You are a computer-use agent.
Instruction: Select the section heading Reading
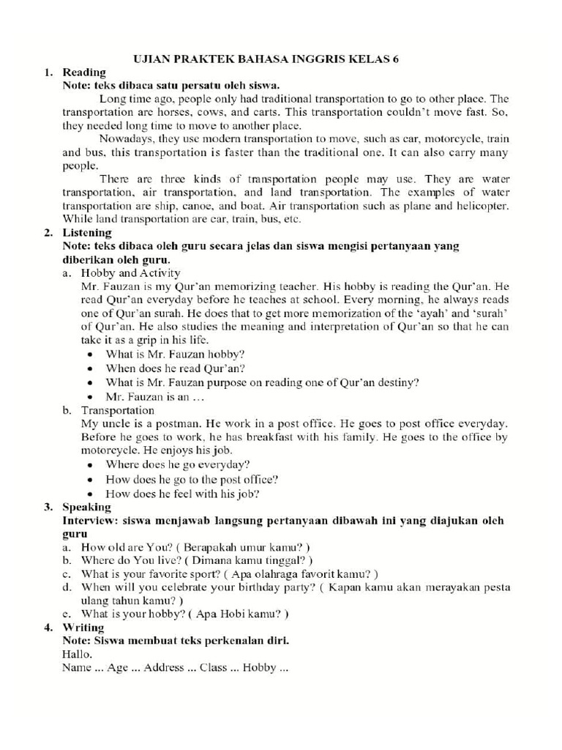84,73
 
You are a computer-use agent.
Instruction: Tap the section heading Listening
88,233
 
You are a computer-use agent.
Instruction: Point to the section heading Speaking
87,507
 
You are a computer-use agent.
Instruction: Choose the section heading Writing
83,627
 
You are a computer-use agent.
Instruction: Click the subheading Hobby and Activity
130,273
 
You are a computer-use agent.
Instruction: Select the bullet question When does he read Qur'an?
176,368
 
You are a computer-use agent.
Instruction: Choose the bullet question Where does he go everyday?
178,464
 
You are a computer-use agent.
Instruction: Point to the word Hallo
78,654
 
